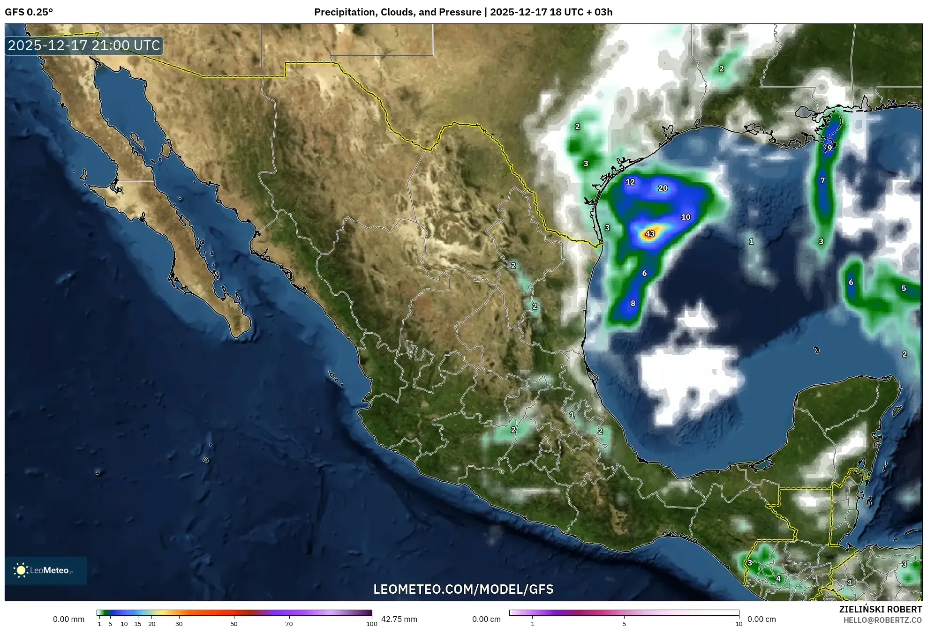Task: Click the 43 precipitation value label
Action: pos(650,234)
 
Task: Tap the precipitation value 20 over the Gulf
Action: pos(663,188)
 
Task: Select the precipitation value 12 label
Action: pos(630,182)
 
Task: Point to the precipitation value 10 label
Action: pos(686,217)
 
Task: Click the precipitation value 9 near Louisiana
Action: pos(829,148)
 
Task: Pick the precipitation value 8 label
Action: pos(633,303)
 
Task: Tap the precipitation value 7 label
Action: pos(822,180)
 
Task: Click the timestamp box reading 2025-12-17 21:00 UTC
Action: pos(84,45)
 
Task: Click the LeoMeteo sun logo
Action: pos(21,570)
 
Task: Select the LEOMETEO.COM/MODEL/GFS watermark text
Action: pos(463,589)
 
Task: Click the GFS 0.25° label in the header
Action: pos(29,12)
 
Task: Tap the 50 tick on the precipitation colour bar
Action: pos(234,624)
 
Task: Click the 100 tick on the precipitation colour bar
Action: pos(371,624)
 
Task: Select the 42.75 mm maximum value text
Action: pos(399,619)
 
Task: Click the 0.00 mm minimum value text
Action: pos(69,619)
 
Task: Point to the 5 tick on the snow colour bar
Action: pos(624,624)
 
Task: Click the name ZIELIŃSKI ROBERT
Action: pos(881,609)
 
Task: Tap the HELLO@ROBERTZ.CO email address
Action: pos(882,620)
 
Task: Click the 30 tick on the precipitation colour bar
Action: pos(179,624)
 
